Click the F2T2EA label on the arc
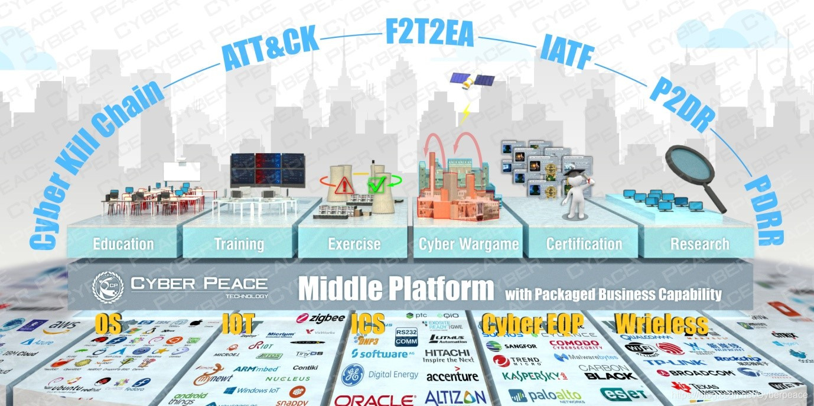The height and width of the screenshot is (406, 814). (x=429, y=34)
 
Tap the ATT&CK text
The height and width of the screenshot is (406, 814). (x=270, y=49)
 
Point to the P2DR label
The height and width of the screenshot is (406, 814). (x=682, y=103)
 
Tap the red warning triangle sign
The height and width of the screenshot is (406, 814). (x=343, y=185)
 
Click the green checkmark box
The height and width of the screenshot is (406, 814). (x=376, y=185)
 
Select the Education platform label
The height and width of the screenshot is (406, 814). (x=123, y=244)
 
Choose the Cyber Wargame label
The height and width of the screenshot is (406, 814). (x=468, y=244)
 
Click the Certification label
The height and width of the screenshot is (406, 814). (x=584, y=244)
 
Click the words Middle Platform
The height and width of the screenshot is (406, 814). (x=396, y=289)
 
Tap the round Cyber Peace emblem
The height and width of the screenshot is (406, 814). (x=108, y=287)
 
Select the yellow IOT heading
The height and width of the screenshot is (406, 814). (x=239, y=323)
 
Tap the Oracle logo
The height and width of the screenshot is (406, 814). (x=376, y=400)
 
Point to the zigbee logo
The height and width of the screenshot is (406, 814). (x=320, y=318)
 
